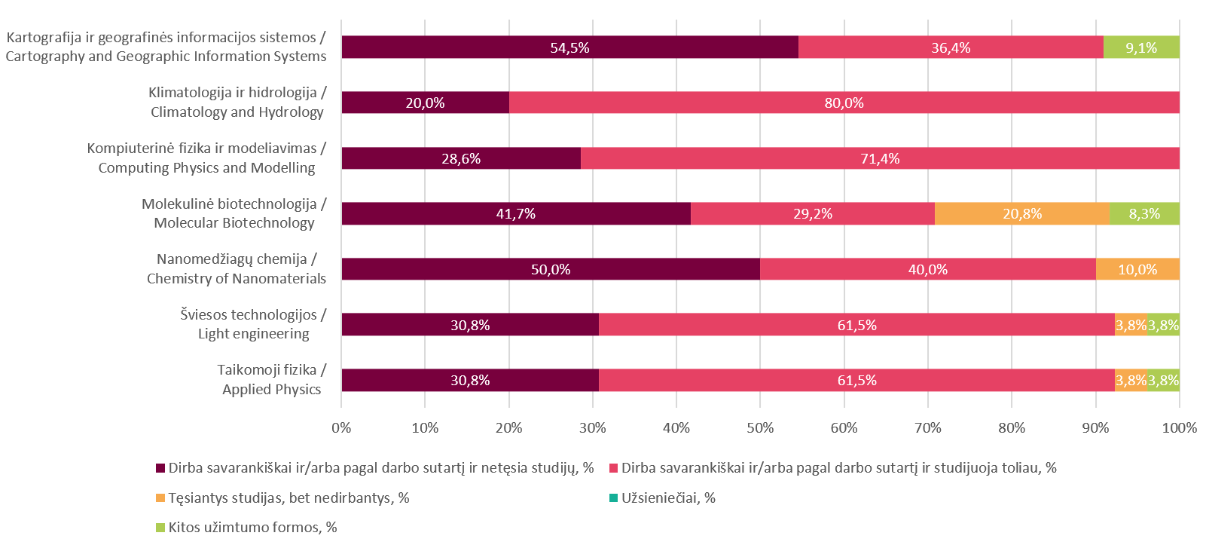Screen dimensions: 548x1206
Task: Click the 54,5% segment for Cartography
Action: pyautogui.click(x=569, y=47)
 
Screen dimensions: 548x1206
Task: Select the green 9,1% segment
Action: pyautogui.click(x=1141, y=47)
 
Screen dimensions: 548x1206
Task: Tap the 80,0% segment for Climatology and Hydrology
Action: pyautogui.click(x=844, y=103)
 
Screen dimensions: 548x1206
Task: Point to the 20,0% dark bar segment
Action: pyautogui.click(x=425, y=103)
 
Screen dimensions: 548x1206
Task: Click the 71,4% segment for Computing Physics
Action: pyautogui.click(x=880, y=158)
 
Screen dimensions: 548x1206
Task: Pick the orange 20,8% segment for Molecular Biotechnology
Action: pyautogui.click(x=1022, y=213)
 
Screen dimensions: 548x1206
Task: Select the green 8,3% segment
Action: pyautogui.click(x=1144, y=213)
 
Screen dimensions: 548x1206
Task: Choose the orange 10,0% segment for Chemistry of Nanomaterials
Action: pyautogui.click(x=1137, y=269)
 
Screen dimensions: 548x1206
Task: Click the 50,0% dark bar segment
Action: pyautogui.click(x=551, y=269)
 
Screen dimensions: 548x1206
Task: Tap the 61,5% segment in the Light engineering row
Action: pyautogui.click(x=856, y=325)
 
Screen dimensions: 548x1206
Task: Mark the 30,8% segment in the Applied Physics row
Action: pyautogui.click(x=470, y=380)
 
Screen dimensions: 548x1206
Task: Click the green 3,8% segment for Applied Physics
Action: pyautogui.click(x=1164, y=380)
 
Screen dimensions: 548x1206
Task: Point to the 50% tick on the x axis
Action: pyautogui.click(x=760, y=428)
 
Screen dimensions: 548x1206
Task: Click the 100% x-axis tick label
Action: pyautogui.click(x=1179, y=428)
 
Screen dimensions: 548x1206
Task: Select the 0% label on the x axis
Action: pyautogui.click(x=341, y=428)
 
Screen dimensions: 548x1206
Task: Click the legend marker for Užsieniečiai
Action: pyautogui.click(x=613, y=498)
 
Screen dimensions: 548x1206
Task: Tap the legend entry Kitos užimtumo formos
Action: pyautogui.click(x=252, y=527)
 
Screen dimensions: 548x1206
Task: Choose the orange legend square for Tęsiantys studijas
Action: pyautogui.click(x=160, y=498)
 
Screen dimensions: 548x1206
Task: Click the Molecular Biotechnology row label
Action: pyautogui.click(x=234, y=213)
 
